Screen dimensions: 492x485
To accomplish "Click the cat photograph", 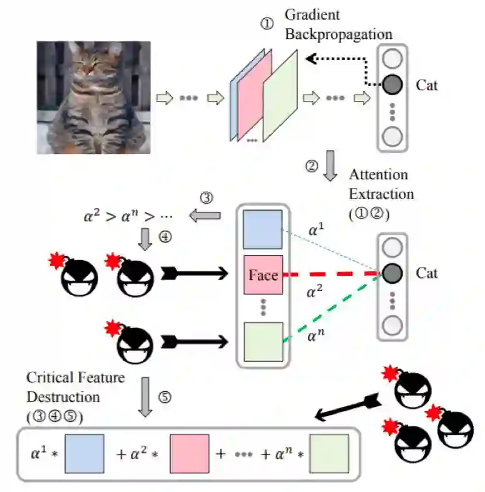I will tap(93, 98).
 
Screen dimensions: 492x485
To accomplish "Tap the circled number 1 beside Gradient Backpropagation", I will tap(267, 23).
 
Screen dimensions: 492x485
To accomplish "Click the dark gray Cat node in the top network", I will tap(392, 83).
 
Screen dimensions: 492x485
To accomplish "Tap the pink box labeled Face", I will tap(263, 275).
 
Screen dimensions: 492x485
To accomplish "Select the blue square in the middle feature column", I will tap(263, 228).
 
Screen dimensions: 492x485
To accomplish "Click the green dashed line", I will tap(332, 307).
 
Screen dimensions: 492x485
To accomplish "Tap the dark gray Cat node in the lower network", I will tap(392, 273).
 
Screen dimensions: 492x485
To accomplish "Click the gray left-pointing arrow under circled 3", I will tap(206, 216).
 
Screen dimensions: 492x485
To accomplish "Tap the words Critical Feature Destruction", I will tap(74, 387).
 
